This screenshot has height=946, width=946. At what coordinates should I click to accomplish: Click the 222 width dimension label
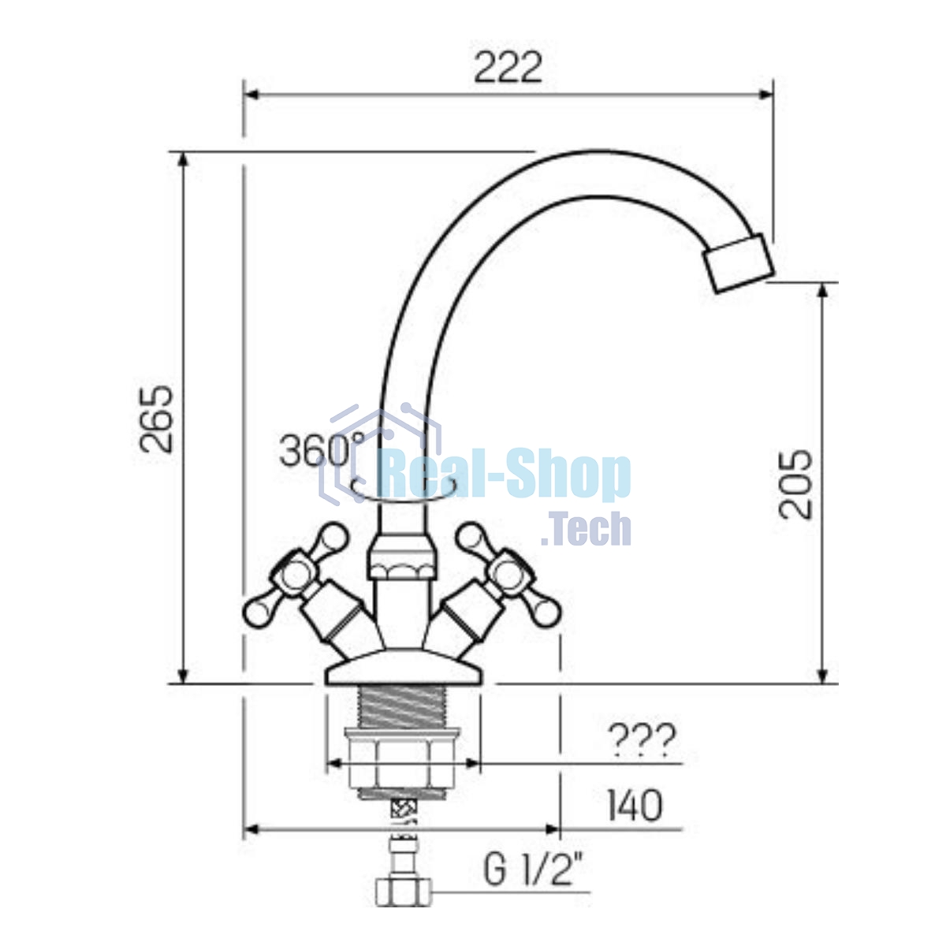point(508,67)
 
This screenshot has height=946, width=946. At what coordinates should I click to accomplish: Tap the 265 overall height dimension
point(156,419)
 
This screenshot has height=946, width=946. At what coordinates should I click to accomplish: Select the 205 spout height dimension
point(795,485)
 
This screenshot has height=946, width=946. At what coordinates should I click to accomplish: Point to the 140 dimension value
point(635,806)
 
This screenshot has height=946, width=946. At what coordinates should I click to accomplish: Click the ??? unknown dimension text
point(642,741)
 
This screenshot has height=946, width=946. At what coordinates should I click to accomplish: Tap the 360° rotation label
point(322,450)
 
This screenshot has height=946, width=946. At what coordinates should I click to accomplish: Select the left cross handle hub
point(296,573)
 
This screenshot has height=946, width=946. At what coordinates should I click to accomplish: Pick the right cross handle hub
point(508,573)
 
